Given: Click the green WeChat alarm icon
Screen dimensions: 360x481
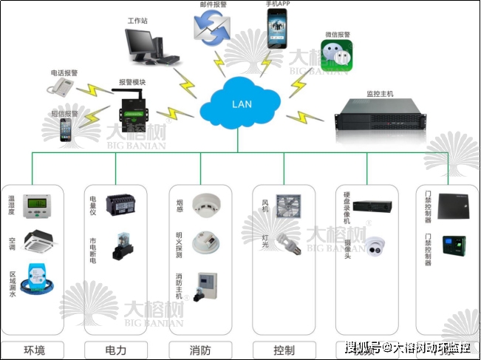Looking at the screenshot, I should [338, 55].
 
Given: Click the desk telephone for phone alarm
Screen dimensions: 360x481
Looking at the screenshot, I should [61, 88].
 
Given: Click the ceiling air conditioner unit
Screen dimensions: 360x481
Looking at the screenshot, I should [41, 240].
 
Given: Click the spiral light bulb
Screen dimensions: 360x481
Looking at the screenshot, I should [287, 242].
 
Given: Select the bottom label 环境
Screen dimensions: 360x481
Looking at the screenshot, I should [35, 350].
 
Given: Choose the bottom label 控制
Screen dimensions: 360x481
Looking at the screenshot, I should [284, 350].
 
